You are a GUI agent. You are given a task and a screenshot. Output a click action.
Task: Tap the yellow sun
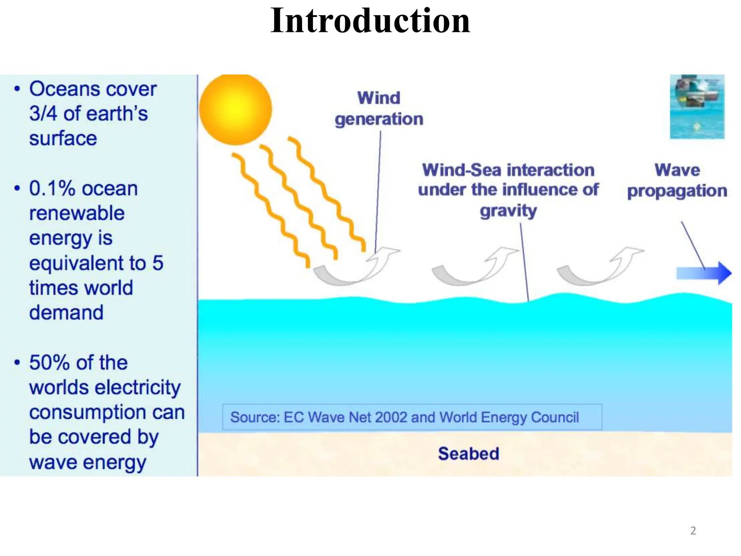tap(236, 109)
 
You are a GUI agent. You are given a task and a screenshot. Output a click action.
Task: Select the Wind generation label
tap(379, 108)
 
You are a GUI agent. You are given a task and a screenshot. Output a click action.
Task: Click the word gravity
tap(508, 211)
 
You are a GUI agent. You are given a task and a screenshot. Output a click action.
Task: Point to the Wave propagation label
tap(677, 180)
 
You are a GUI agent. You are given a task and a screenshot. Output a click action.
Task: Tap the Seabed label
tap(469, 454)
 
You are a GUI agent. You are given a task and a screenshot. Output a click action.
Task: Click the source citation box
tap(412, 417)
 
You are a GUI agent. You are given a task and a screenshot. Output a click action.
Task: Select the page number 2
tap(693, 531)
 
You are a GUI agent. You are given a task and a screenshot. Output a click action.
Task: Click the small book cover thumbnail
tap(697, 106)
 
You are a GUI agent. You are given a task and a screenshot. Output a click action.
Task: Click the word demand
tap(66, 312)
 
